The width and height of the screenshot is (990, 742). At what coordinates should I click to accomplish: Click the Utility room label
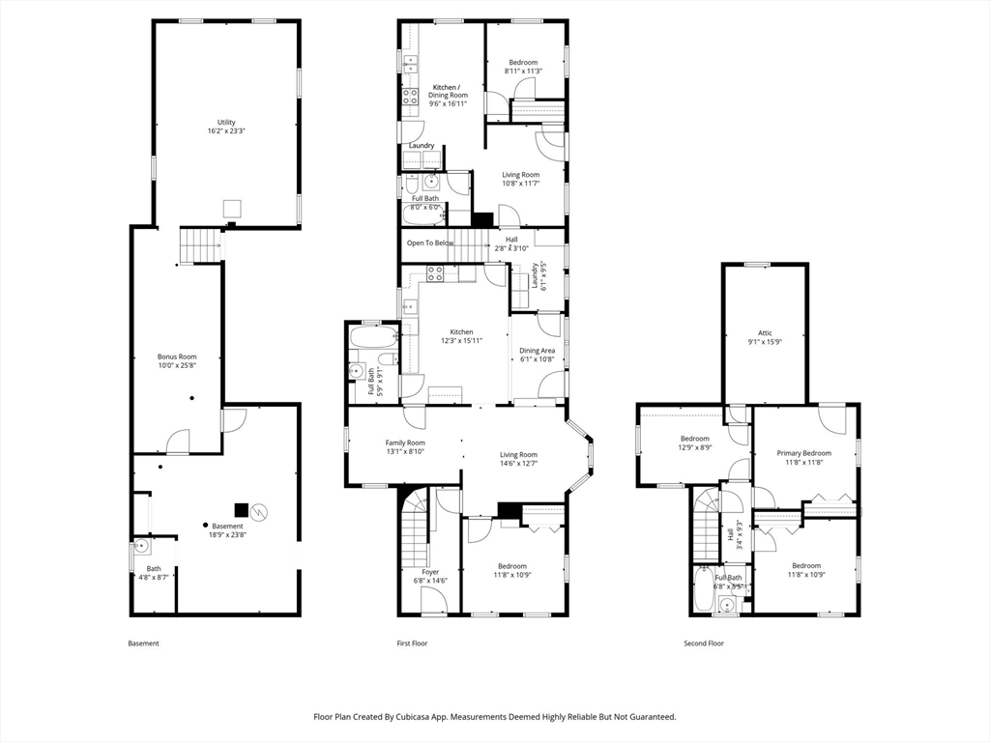click(x=226, y=123)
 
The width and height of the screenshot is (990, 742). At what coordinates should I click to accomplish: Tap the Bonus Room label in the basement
click(x=178, y=357)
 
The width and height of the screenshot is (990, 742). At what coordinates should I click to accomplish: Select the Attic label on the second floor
click(x=766, y=333)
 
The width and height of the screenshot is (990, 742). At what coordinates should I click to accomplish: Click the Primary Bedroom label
click(x=803, y=453)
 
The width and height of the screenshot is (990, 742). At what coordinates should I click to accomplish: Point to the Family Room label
click(x=405, y=442)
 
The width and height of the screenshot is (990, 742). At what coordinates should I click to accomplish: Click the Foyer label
click(x=430, y=572)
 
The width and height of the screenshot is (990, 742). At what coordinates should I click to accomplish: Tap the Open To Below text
click(x=430, y=243)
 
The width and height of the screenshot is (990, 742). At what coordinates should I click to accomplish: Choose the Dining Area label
click(x=538, y=351)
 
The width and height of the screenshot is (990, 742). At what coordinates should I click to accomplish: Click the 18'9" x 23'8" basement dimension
click(x=227, y=535)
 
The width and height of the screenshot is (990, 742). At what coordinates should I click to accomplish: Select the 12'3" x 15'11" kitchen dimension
click(x=461, y=341)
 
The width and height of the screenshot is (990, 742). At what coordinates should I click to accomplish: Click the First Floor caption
click(x=412, y=643)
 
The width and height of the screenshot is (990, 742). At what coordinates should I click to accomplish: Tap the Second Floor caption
click(x=704, y=643)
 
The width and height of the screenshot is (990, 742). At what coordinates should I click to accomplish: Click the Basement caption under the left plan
click(x=143, y=643)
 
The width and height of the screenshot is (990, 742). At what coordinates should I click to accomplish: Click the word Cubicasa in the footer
click(x=414, y=717)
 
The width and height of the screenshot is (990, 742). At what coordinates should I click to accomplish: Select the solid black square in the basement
click(x=241, y=510)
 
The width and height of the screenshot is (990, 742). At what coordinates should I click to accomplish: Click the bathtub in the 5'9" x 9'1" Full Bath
click(x=373, y=337)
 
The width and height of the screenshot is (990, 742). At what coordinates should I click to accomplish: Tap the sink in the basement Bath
click(x=141, y=546)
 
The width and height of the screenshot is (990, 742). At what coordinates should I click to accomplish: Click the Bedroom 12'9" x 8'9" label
click(x=694, y=442)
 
